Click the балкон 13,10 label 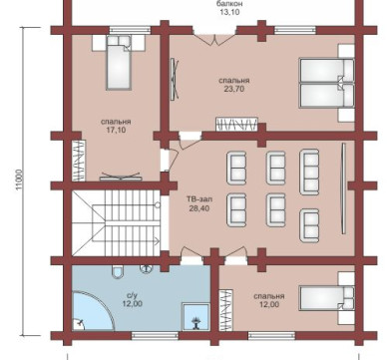pos(229,8)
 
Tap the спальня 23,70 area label pos(234,85)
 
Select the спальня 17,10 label pos(116,126)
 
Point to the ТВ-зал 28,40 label pos(199,203)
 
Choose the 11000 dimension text pos(19,180)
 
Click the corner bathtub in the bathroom pos(93,311)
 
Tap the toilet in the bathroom pos(117,271)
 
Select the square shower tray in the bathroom pos(195,317)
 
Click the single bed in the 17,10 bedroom pos(118,63)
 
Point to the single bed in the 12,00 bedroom pos(327,298)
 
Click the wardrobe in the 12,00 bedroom pos(225,310)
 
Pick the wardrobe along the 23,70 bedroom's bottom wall pos(236,124)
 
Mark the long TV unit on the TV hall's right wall pos(344,188)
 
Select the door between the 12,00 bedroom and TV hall pos(235,254)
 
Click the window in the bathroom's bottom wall pos(155,336)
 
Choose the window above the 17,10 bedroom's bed pos(131,30)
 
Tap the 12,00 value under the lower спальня pos(269,304)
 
